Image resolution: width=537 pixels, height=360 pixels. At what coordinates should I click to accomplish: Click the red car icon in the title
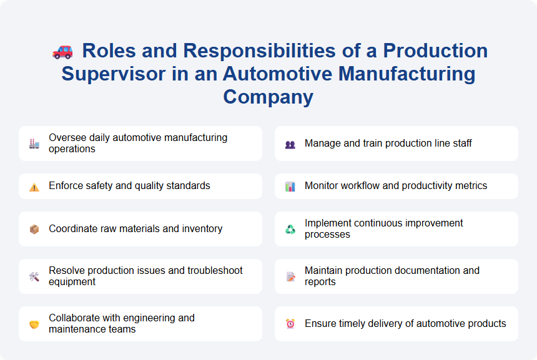point(62,52)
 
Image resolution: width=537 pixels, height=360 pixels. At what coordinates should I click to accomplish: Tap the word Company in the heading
point(268,97)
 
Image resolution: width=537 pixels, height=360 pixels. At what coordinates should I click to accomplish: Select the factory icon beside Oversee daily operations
point(34,144)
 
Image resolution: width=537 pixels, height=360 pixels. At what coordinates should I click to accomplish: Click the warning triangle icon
point(34,187)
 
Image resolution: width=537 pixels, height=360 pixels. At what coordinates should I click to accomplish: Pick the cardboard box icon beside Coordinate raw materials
point(34,229)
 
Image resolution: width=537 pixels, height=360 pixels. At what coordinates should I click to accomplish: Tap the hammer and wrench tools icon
point(34,276)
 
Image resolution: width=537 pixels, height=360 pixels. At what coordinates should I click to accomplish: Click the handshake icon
point(34,324)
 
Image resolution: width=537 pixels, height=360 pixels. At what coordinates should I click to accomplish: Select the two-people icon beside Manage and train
point(290,144)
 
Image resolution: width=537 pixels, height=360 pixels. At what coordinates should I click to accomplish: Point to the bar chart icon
point(290,187)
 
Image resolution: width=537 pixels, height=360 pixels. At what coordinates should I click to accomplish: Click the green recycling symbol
point(290,229)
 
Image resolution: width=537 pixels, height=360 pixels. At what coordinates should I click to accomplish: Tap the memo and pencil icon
point(290,276)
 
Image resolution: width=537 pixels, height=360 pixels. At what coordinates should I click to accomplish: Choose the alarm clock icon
point(290,324)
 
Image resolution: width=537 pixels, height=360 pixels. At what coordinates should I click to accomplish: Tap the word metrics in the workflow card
point(470,186)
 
